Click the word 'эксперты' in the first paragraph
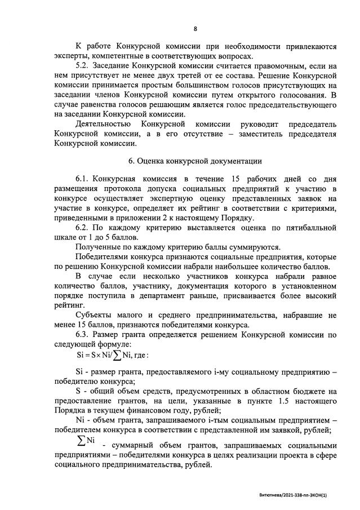73,55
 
